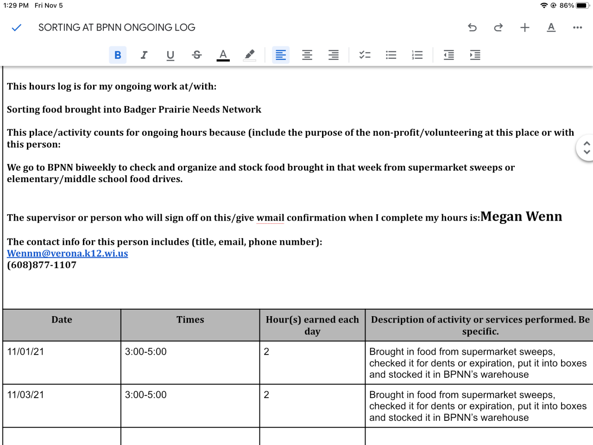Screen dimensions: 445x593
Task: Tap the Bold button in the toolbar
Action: coord(118,55)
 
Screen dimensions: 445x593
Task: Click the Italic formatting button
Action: coord(144,55)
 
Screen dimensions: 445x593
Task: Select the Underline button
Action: coord(170,56)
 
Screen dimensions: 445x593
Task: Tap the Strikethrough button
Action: coord(197,55)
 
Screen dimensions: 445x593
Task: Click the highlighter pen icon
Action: coord(250,55)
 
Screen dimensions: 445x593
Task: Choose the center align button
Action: coord(307,55)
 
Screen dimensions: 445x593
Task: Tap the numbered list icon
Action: coord(417,55)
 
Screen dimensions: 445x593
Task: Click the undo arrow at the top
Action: coord(472,28)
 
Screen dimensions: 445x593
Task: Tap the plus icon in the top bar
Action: coord(525,28)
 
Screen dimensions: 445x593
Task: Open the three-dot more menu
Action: coord(577,28)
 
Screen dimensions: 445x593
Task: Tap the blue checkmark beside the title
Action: coord(17,28)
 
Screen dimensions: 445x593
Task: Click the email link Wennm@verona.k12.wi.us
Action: coord(68,254)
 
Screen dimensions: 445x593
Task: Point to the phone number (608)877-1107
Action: coord(42,265)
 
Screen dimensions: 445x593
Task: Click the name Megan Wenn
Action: coord(521,216)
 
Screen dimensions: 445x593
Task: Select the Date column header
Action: coord(62,320)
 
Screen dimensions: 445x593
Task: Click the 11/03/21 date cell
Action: coord(25,395)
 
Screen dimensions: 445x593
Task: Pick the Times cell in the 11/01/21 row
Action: coord(145,352)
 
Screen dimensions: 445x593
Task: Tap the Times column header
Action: coord(190,320)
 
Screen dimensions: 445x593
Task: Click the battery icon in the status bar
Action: coord(582,6)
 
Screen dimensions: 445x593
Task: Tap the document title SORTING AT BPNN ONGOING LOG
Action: coord(117,28)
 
